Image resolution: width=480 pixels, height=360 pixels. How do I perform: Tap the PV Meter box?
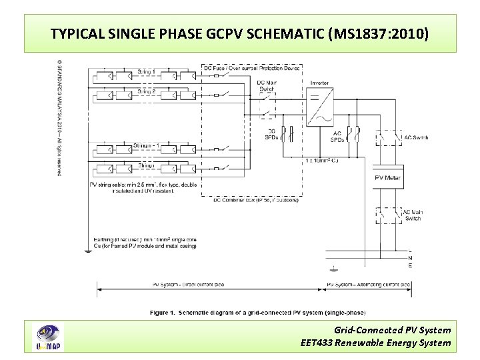tap(387, 178)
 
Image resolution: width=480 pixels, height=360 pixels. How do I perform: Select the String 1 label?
tap(147, 71)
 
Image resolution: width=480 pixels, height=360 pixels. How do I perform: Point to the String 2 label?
tap(147, 91)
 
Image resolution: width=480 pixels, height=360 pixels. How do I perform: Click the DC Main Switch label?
tap(266, 85)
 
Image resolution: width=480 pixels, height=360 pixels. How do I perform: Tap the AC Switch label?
tap(415, 138)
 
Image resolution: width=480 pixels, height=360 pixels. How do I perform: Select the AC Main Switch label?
tap(413, 215)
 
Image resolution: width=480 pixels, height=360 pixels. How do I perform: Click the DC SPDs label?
tap(271, 134)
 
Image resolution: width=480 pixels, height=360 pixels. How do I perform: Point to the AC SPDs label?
tap(337, 137)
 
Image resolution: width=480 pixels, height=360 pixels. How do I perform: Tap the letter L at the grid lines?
tap(409, 251)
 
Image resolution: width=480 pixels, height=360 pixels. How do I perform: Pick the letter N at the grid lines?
tap(409, 259)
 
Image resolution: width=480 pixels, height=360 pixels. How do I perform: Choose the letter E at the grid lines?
tap(409, 266)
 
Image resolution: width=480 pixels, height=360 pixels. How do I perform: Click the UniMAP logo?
tap(49, 337)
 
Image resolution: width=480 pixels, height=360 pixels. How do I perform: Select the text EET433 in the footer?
tap(317, 343)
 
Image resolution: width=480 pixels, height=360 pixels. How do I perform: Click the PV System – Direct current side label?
tap(187, 285)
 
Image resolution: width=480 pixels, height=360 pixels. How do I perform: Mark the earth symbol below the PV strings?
tap(87, 251)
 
